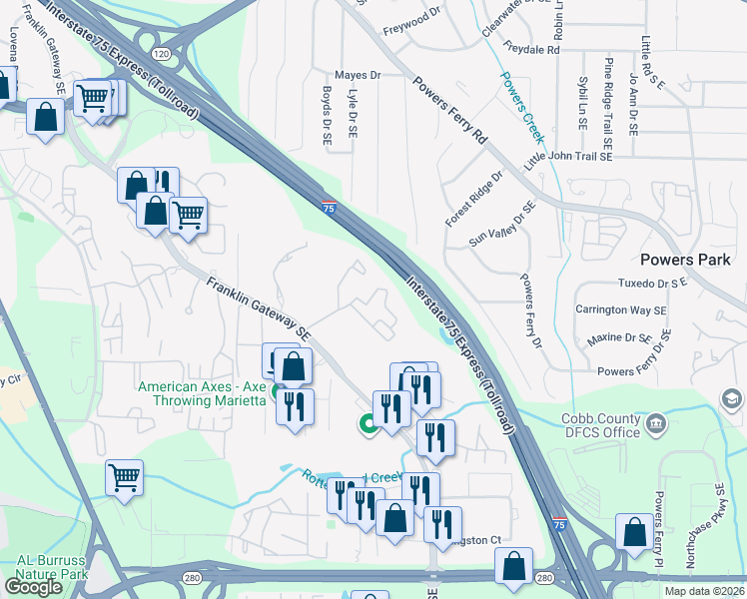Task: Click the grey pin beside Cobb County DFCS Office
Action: (656, 423)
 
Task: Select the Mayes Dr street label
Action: (358, 75)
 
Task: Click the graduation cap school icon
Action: (732, 400)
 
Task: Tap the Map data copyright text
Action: (704, 591)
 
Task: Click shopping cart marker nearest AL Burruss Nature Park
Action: (124, 478)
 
